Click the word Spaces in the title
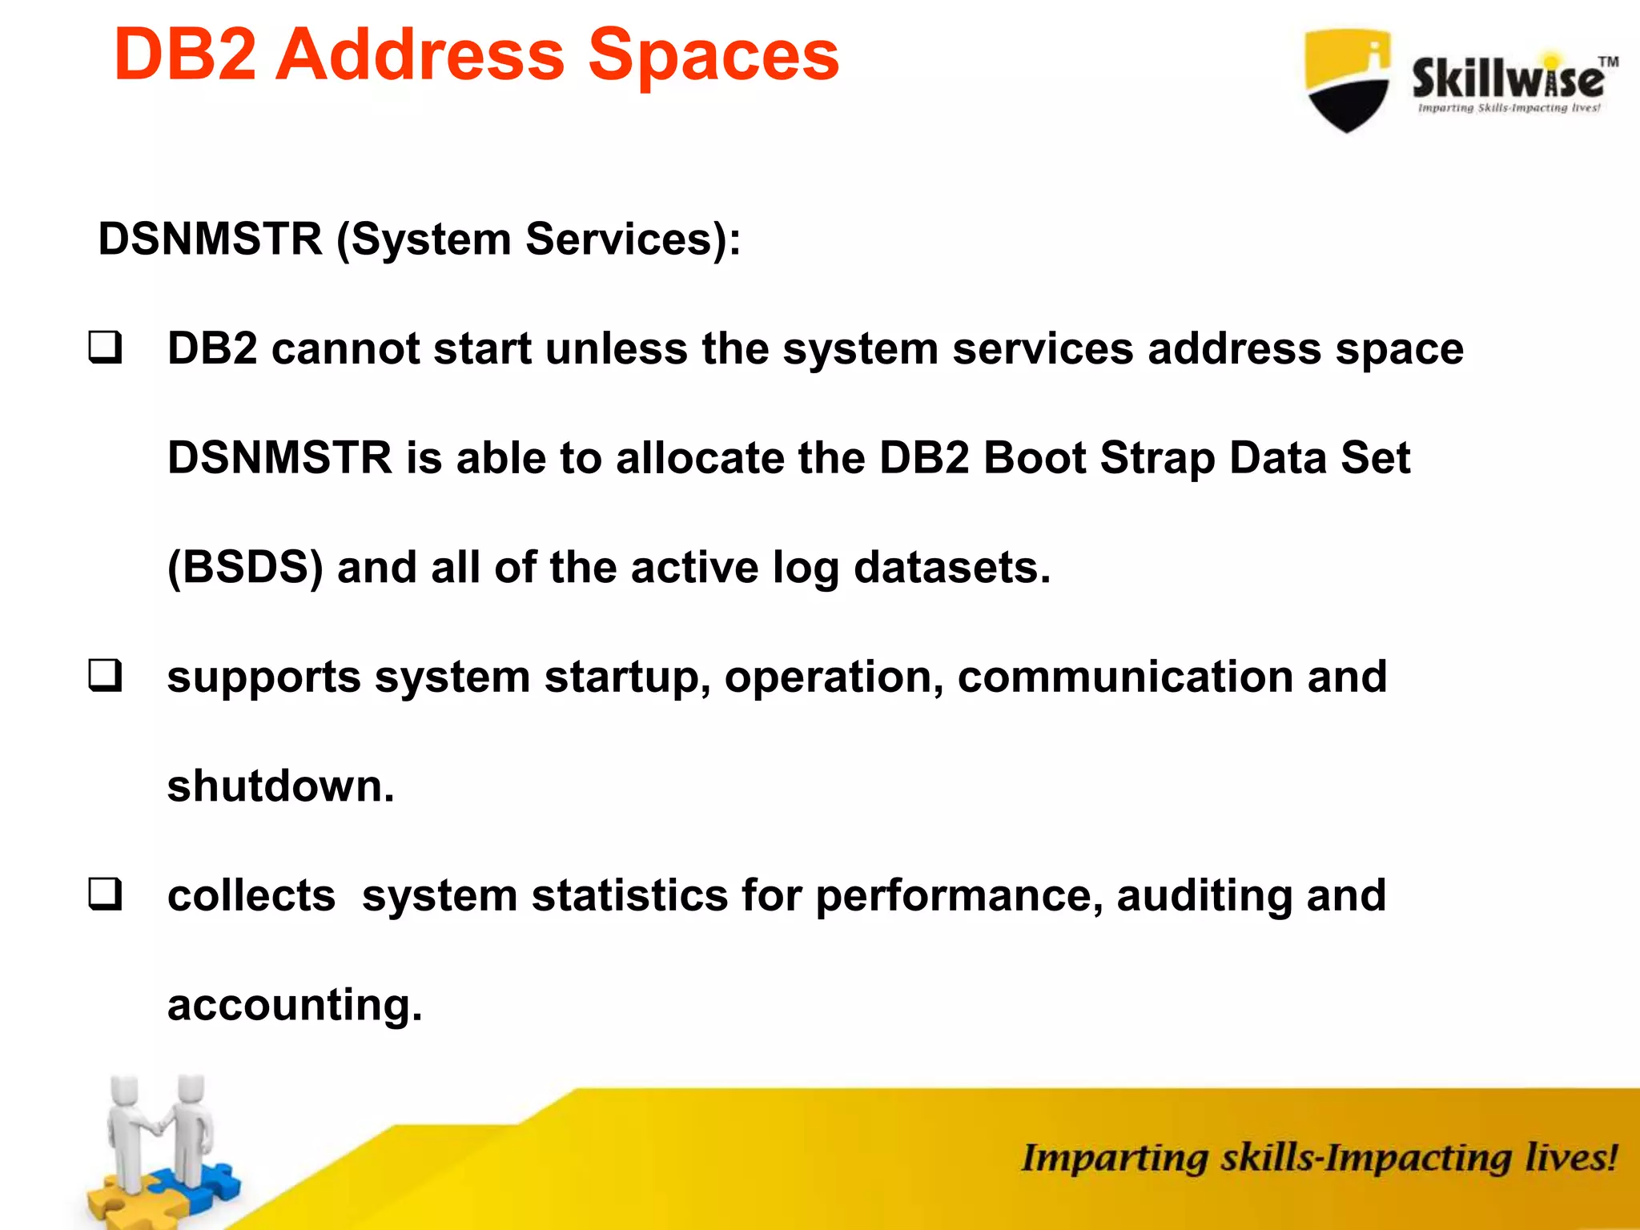click(x=713, y=56)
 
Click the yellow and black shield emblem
click(x=1347, y=80)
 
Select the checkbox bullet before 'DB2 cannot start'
click(x=105, y=348)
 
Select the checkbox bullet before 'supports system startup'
click(x=105, y=676)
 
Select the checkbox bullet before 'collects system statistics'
click(x=105, y=894)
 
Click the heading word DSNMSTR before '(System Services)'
click(x=210, y=239)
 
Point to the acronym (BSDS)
click(x=245, y=567)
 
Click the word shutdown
click(x=280, y=786)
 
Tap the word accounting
click(x=293, y=1004)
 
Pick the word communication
click(x=1125, y=676)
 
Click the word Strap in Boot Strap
click(x=1157, y=458)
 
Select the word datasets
click(x=951, y=567)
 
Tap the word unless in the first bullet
click(x=617, y=348)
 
